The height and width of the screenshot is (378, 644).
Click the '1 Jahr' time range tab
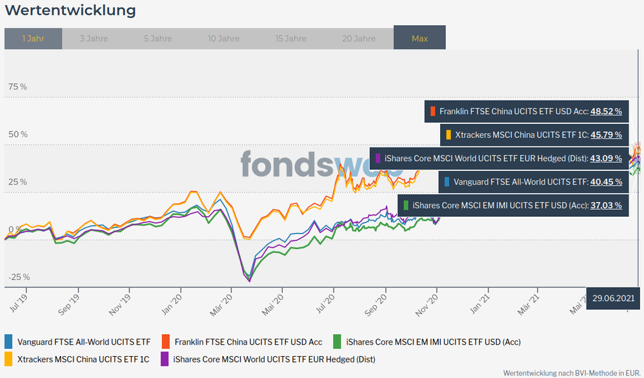click(x=33, y=39)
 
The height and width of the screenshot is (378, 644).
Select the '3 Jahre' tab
click(x=94, y=39)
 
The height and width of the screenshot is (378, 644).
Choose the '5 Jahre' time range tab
click(x=158, y=39)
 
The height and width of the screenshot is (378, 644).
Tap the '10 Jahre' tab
click(x=224, y=39)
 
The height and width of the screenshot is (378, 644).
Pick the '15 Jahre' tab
click(x=291, y=39)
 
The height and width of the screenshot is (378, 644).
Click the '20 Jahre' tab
click(x=358, y=39)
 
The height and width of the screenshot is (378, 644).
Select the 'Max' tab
click(x=419, y=39)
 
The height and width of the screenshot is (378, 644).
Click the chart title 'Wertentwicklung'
click(x=70, y=11)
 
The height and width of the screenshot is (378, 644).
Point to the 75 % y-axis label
click(x=18, y=87)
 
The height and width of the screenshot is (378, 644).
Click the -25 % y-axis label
click(x=19, y=277)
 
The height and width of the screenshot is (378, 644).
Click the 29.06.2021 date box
click(x=613, y=297)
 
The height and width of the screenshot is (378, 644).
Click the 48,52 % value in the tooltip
click(x=606, y=112)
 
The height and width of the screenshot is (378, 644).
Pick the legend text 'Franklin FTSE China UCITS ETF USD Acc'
click(x=248, y=342)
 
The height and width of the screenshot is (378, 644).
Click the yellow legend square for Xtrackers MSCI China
click(x=8, y=359)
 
